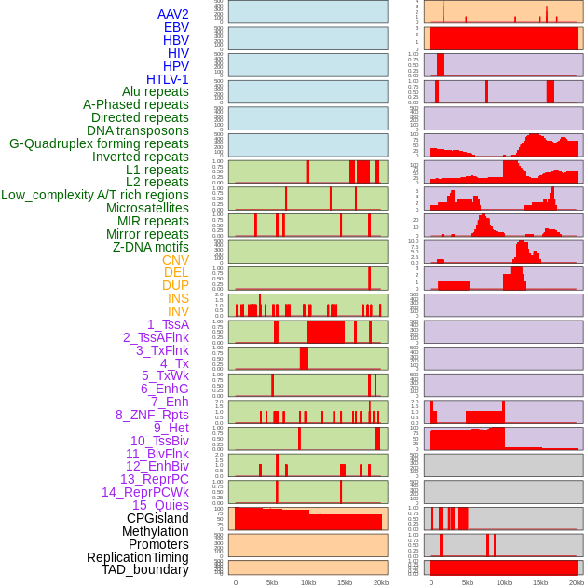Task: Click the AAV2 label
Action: (172, 14)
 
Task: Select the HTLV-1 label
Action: (167, 79)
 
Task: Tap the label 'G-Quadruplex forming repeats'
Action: (99, 143)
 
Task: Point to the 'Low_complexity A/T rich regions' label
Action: (95, 195)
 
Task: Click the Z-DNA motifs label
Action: (150, 247)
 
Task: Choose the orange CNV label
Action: (175, 260)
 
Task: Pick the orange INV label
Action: (178, 311)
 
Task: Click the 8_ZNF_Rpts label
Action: (152, 415)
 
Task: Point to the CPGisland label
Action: (157, 518)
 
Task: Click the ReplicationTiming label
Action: (137, 557)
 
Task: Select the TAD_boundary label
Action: (145, 569)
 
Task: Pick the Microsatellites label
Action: (147, 208)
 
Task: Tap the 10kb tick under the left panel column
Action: (307, 582)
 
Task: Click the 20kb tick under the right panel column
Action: (576, 582)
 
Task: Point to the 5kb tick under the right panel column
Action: (467, 582)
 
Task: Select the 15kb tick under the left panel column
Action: (344, 582)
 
